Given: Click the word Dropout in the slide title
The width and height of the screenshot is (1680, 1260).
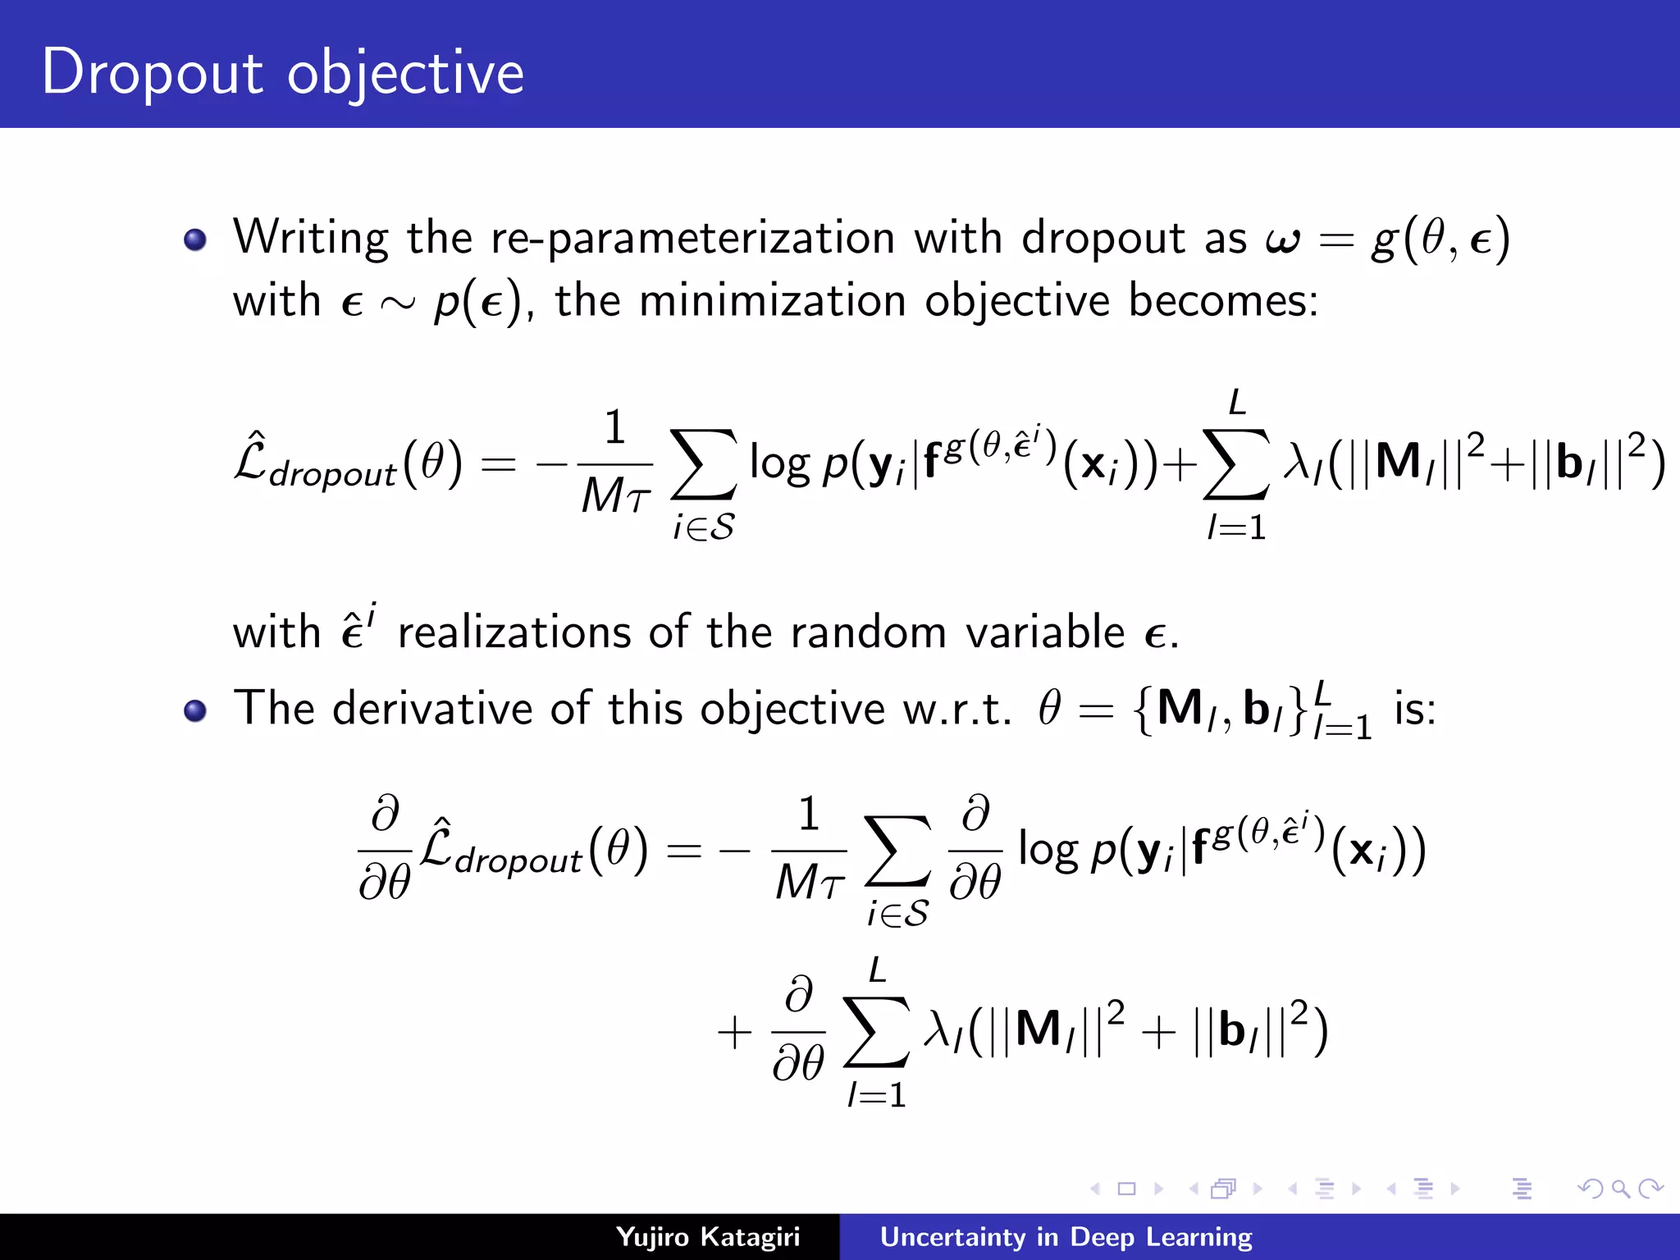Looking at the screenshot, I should pos(152,72).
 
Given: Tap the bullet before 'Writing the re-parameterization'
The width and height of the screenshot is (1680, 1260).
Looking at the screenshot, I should pos(195,240).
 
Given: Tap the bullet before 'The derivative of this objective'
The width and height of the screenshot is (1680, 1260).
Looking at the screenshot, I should pos(195,710).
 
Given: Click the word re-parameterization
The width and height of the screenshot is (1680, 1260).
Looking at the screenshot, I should pos(692,239).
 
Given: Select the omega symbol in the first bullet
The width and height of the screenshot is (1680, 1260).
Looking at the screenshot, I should pos(1283,240).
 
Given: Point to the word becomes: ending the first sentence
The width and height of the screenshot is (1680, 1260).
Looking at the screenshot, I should pos(1223,300).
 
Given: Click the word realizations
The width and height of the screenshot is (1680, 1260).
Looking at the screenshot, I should pos(514,632).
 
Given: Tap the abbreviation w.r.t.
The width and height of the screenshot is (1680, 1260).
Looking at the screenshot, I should pos(956,710).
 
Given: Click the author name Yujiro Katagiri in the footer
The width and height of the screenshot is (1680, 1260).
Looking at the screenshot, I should pos(707,1236).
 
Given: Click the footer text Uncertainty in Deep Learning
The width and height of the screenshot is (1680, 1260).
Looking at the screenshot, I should pos(1066,1236).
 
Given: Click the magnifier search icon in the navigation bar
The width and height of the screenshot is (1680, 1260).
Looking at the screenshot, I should pos(1620,1189).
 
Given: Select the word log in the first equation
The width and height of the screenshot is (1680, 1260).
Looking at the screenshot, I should pos(779,464).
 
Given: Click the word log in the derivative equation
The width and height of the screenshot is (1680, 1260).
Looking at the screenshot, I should pos(1048,850).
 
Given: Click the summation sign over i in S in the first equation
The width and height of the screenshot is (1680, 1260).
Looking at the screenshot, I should pos(703,464).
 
